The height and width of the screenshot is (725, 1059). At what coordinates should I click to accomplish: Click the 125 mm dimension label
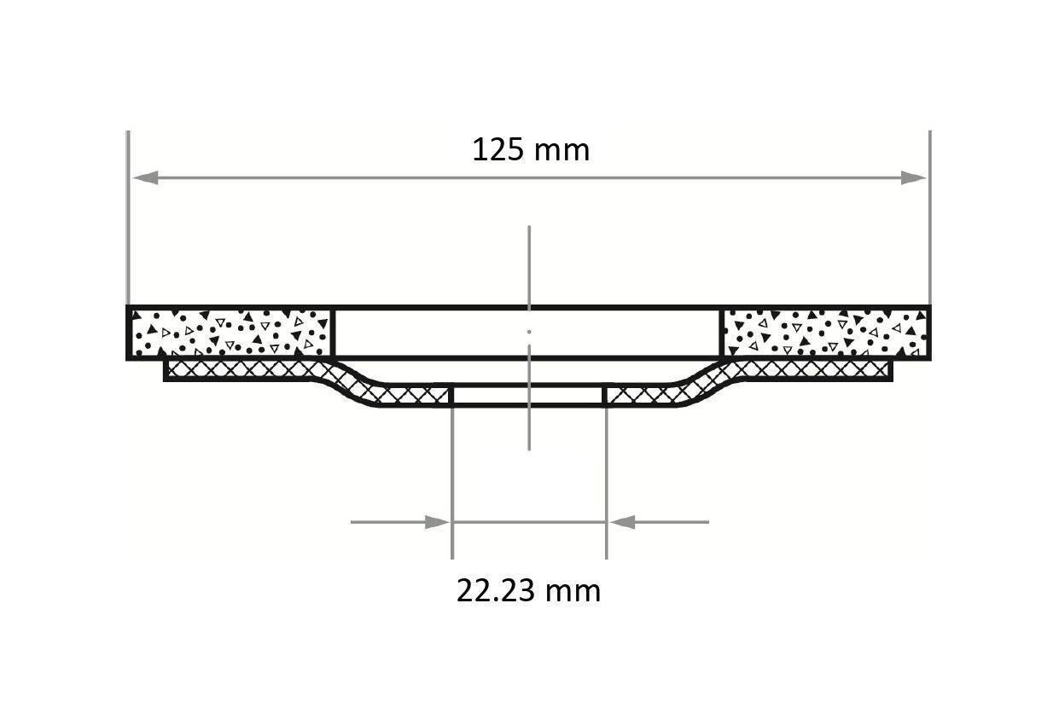point(530,150)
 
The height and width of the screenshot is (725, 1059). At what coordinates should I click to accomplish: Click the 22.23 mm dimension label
point(528,590)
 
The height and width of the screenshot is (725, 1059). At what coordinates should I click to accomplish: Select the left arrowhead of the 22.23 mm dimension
point(436,522)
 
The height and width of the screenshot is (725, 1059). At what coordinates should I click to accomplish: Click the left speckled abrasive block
point(230,333)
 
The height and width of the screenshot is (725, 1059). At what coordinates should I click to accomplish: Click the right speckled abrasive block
point(826,333)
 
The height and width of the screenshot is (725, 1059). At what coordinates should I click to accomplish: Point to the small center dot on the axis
point(529,331)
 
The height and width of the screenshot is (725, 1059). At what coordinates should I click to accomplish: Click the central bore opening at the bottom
point(528,396)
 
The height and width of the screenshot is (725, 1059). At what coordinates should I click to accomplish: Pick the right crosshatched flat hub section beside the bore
point(644,396)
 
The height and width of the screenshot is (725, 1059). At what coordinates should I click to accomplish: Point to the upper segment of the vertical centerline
point(529,264)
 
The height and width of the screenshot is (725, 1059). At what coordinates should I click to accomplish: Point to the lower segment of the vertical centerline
point(529,426)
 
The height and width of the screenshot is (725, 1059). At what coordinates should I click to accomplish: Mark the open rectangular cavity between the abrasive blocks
point(528,333)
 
